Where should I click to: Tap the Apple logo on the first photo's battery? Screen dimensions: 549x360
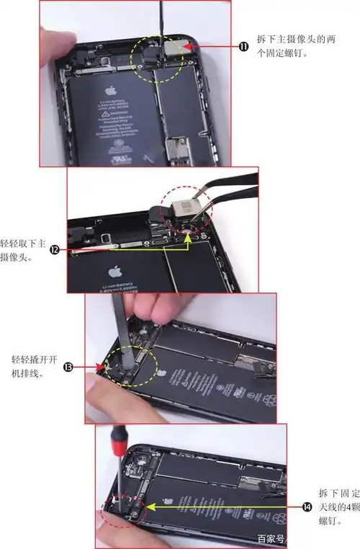110,91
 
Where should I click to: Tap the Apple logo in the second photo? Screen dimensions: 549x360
112,272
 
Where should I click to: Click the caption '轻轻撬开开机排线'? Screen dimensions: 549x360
35,367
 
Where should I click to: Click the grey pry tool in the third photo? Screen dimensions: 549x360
120,324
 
